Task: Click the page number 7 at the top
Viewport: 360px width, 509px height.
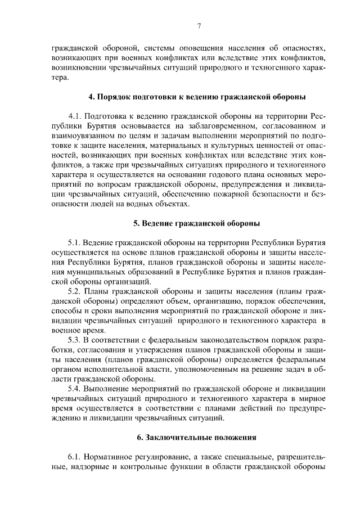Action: pos(199,25)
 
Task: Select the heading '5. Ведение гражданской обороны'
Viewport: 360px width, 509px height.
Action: pos(196,223)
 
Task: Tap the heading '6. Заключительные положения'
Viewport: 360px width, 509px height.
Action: pos(196,436)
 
